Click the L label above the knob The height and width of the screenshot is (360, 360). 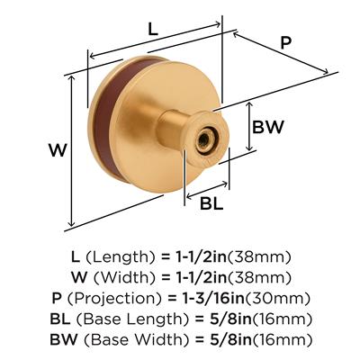click(153, 30)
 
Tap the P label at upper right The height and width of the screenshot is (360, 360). click(286, 42)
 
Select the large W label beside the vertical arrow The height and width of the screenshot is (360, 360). click(58, 150)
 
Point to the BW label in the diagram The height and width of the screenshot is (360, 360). click(267, 127)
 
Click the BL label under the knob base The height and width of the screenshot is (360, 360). click(211, 204)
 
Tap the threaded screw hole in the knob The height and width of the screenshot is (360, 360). click(204, 139)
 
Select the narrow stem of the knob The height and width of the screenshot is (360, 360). click(171, 126)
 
